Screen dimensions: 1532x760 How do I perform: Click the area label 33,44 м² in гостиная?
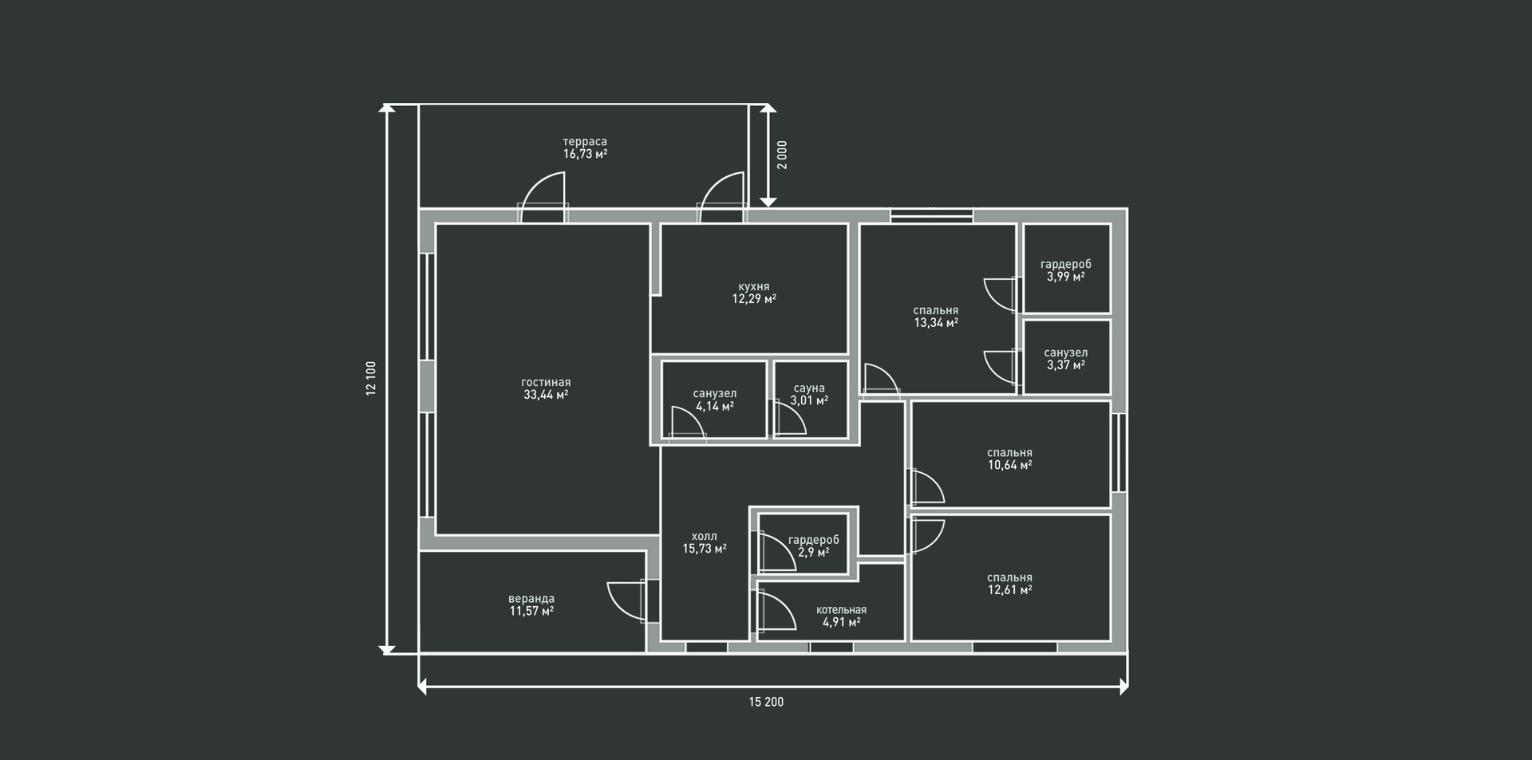pyautogui.click(x=546, y=395)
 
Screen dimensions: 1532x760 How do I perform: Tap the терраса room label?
pyautogui.click(x=585, y=142)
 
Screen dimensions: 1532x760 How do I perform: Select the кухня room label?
pyautogui.click(x=754, y=287)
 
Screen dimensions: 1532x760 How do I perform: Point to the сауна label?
pyautogui.click(x=809, y=388)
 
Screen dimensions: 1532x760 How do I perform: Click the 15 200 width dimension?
pyautogui.click(x=766, y=702)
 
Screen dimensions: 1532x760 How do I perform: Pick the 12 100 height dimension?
pyautogui.click(x=371, y=379)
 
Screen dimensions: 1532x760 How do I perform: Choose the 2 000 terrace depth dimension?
pyautogui.click(x=782, y=155)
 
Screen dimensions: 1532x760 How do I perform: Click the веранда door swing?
pyautogui.click(x=626, y=601)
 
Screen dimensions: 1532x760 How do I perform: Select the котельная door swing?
pyautogui.click(x=777, y=612)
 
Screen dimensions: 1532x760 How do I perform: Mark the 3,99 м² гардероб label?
pyautogui.click(x=1066, y=277)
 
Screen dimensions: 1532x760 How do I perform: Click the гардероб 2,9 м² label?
pyautogui.click(x=814, y=546)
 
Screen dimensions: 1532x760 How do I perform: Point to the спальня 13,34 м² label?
pyautogui.click(x=936, y=317)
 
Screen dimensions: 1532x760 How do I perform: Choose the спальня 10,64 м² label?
pyautogui.click(x=1009, y=459)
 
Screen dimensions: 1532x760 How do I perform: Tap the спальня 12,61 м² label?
pyautogui.click(x=1009, y=584)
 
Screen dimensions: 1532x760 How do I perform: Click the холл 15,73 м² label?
pyautogui.click(x=705, y=542)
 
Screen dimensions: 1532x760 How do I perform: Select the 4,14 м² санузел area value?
pyautogui.click(x=715, y=406)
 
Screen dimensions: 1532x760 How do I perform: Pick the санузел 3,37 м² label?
pyautogui.click(x=1066, y=359)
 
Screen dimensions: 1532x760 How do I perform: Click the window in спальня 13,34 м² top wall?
pyautogui.click(x=931, y=215)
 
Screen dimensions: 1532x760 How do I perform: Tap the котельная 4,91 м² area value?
pyautogui.click(x=841, y=622)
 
